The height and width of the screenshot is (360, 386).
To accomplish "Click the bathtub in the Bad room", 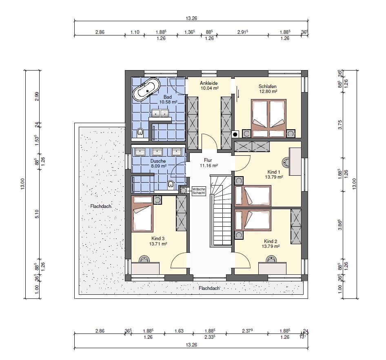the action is point(146,90).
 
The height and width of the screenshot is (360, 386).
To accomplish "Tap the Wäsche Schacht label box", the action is point(199,191).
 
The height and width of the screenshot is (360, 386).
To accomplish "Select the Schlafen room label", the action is point(268,86).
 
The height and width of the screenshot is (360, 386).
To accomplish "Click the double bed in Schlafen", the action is point(268,118).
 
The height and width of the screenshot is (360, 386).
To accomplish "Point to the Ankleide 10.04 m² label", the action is point(209,86).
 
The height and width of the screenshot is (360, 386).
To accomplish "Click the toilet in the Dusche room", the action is point(171,184).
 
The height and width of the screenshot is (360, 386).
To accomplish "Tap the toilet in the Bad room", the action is point(140,133).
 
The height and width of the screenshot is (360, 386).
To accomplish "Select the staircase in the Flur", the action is point(221,210).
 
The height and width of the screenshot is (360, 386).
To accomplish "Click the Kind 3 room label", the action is point(158,239).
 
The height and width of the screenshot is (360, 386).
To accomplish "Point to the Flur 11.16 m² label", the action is point(209,163).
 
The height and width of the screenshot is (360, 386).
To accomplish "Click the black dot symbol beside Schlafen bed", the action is point(235,134).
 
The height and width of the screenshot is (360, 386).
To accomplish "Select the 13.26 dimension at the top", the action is point(191,18).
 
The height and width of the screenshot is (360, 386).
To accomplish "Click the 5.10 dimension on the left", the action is point(37,214).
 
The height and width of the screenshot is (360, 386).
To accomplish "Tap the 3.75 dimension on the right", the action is point(340,125).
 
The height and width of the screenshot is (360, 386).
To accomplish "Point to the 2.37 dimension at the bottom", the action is point(247,331).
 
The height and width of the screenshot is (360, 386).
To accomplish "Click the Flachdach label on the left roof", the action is point(101,206).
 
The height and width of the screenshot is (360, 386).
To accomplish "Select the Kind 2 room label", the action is point(271,241).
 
